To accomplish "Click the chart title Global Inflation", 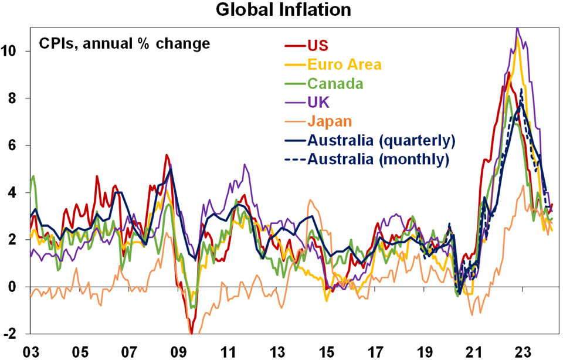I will (281, 10).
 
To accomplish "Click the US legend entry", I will (317, 45).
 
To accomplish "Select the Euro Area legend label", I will (344, 64).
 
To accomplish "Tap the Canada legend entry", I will (334, 84).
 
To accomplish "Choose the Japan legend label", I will (328, 122).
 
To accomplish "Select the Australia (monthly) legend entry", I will (378, 159).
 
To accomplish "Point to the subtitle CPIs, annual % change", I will (124, 43).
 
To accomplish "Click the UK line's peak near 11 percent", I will (517, 28).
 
